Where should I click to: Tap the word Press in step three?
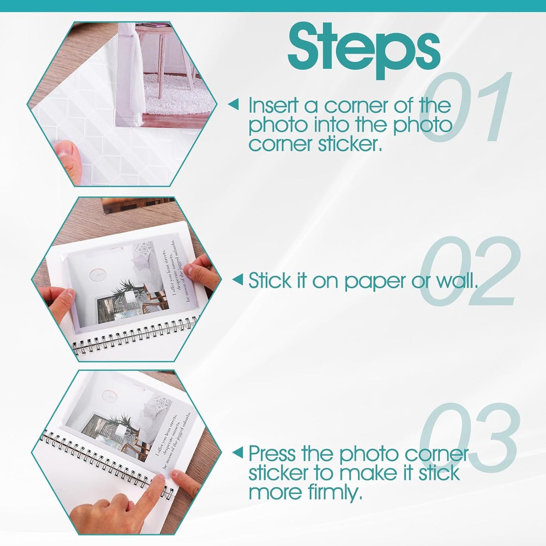point(272,453)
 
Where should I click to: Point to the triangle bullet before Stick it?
point(237,280)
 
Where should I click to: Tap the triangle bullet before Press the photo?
point(237,452)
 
